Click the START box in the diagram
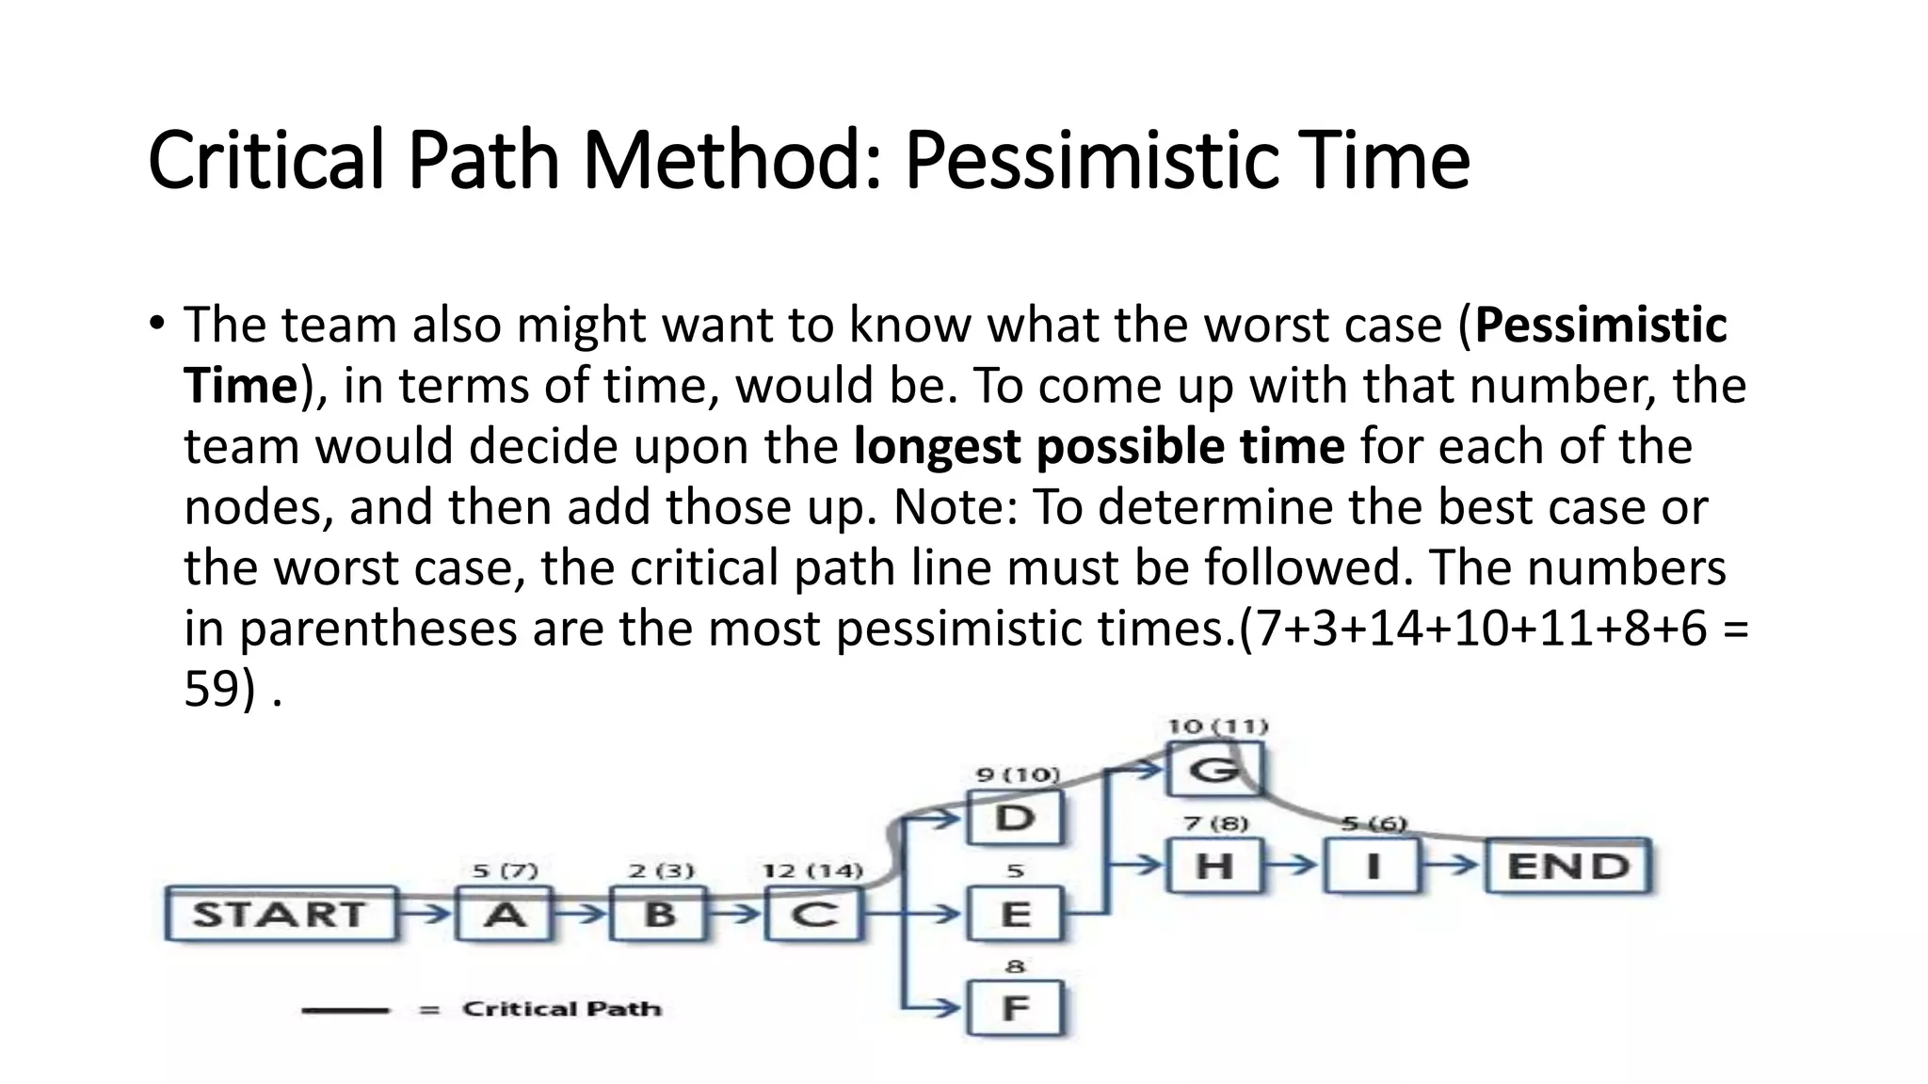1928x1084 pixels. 280,914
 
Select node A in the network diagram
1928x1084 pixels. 504,914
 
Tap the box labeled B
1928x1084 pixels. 658,914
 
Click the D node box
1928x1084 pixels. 1015,818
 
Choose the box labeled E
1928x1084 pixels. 1015,914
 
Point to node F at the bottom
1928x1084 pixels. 1015,1009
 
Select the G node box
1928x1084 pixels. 1213,771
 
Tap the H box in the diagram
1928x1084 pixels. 1213,866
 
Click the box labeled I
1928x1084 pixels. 1373,866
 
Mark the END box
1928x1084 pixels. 1568,866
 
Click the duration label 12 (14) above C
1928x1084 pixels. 812,870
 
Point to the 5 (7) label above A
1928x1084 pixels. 505,870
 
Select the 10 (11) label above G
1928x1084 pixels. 1217,726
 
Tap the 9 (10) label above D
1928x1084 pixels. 1018,774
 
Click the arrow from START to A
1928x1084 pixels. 428,913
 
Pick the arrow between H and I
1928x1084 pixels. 1296,865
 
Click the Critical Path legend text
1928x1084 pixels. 562,1009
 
